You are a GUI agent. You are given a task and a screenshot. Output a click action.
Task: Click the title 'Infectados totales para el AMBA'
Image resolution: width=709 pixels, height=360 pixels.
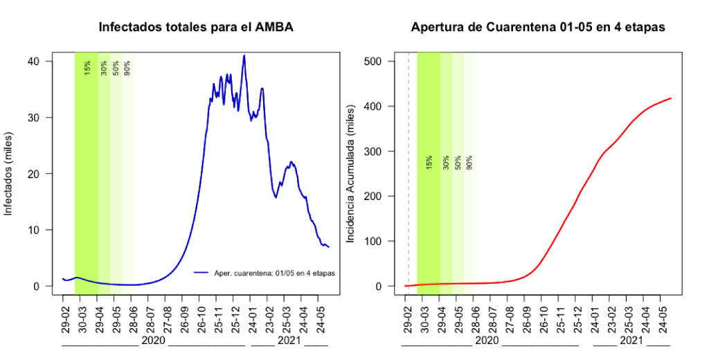[196, 28]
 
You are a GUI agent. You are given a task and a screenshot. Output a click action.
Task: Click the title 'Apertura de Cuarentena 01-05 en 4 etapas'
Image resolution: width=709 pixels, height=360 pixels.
[538, 28]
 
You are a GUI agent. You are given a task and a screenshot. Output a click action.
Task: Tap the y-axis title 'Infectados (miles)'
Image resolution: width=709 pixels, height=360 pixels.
[9, 173]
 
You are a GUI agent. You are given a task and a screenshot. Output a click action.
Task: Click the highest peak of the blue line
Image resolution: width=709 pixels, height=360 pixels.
[244, 55]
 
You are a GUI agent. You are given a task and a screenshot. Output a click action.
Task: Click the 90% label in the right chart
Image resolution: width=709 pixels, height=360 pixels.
[469, 162]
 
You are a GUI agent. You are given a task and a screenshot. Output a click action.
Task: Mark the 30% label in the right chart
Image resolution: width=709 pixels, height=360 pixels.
[447, 162]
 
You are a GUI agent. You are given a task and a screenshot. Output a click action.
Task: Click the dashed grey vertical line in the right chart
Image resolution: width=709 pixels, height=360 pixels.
[409, 173]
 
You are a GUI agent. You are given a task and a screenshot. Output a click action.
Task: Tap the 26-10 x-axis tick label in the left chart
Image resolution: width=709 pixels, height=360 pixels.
[201, 318]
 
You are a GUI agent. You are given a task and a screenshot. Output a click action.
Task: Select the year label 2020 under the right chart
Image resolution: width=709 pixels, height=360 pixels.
[488, 341]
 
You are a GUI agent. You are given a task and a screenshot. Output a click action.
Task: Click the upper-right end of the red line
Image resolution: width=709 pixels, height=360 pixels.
[671, 98]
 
